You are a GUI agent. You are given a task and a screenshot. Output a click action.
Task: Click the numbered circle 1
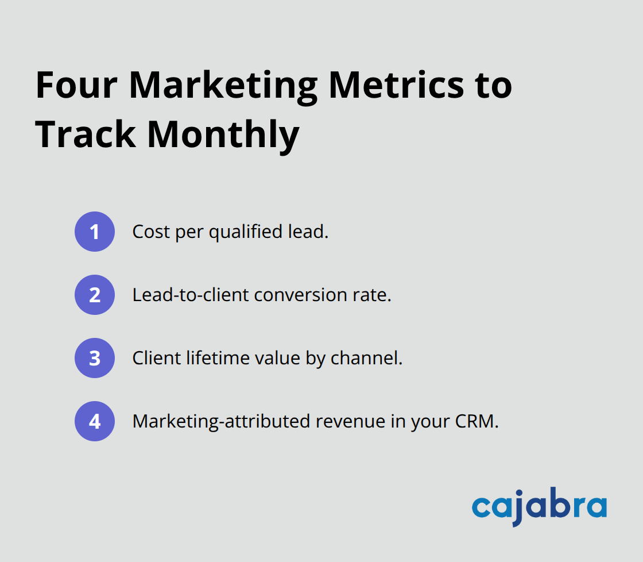pos(95,232)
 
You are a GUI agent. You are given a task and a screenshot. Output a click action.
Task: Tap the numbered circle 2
pos(95,295)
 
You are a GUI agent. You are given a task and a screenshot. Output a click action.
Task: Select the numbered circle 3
pos(95,358)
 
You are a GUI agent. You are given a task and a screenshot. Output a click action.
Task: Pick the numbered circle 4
pos(95,421)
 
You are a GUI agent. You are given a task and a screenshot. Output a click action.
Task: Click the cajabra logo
pos(539,507)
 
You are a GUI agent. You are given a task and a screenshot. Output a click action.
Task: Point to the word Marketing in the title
pos(223,86)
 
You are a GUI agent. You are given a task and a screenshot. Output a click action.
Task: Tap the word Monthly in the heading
pos(223,136)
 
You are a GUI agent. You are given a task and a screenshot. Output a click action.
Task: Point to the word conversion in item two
pos(303,295)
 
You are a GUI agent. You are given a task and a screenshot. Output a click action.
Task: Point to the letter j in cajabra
pos(518,509)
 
